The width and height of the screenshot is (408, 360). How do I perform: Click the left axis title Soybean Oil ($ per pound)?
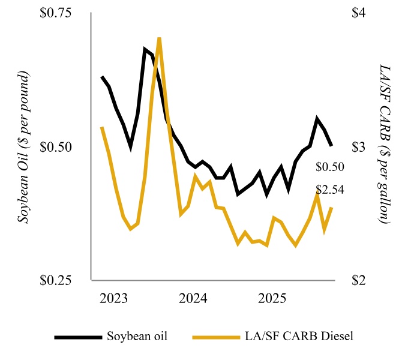(25, 148)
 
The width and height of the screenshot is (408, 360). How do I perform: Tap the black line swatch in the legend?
(77, 337)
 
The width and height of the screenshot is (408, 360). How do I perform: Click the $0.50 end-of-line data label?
(329, 167)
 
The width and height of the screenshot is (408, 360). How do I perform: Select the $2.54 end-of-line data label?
(329, 190)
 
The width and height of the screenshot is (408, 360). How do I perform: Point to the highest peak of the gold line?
(159, 38)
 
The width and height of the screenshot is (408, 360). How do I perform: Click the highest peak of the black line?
(145, 49)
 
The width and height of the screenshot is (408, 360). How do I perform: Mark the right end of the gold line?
(332, 208)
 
